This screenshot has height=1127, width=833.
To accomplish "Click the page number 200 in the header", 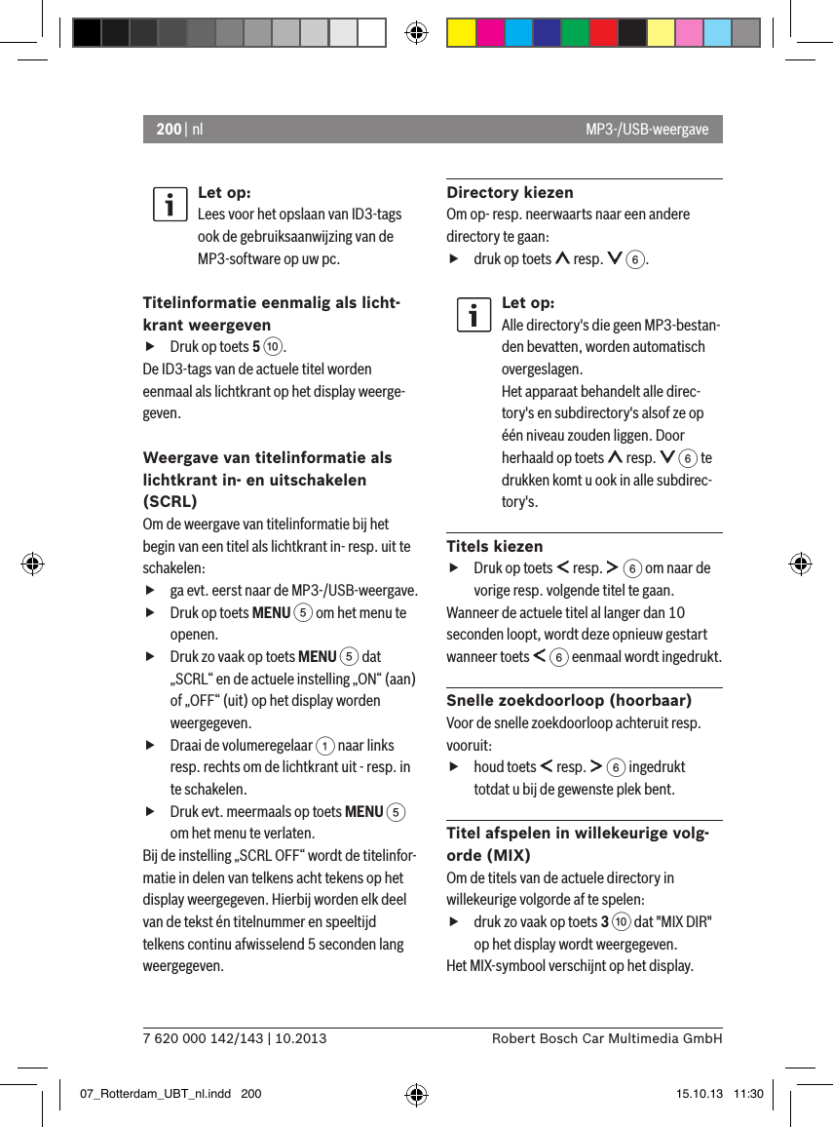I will pyautogui.click(x=168, y=130).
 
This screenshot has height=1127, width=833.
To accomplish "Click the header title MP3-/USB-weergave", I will pyautogui.click(x=647, y=130).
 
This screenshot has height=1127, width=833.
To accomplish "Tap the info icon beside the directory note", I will pyautogui.click(x=473, y=315).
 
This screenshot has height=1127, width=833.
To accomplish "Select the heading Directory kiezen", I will pyautogui.click(x=510, y=192).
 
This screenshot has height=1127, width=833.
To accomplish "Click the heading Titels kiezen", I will pyautogui.click(x=495, y=546).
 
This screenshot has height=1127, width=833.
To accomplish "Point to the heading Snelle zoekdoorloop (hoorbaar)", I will pyautogui.click(x=569, y=700).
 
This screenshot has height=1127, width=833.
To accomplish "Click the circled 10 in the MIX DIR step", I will pyautogui.click(x=619, y=922).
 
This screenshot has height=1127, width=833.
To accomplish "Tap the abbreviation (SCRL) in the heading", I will pyautogui.click(x=170, y=501).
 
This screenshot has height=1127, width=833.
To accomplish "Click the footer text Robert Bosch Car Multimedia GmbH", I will pyautogui.click(x=607, y=1038).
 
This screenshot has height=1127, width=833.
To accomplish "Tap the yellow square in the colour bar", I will pyautogui.click(x=461, y=33).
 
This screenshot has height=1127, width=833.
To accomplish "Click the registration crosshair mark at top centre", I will pyautogui.click(x=416, y=33).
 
